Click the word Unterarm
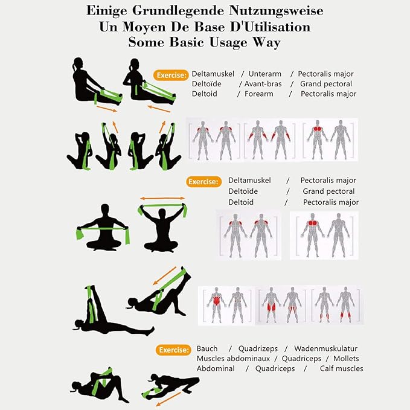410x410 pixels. (x=265, y=74)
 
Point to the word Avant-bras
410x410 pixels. (x=263, y=84)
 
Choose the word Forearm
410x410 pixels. (x=259, y=94)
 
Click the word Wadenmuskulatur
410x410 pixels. (x=325, y=348)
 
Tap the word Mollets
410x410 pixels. (x=346, y=359)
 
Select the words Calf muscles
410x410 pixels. (x=342, y=368)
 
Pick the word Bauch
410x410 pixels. (x=207, y=348)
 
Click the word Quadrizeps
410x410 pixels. (x=258, y=349)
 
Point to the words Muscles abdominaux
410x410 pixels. (x=233, y=359)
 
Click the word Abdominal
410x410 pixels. (x=216, y=368)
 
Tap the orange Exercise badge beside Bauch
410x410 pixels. (x=173, y=350)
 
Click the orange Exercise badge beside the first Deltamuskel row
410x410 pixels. (x=171, y=75)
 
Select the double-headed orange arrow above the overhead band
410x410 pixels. (x=162, y=199)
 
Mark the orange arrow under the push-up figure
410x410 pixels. (x=168, y=399)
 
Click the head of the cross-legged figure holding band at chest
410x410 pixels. (x=105, y=209)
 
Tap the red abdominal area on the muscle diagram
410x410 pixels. (x=216, y=301)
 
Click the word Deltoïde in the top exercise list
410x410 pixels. (x=207, y=84)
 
